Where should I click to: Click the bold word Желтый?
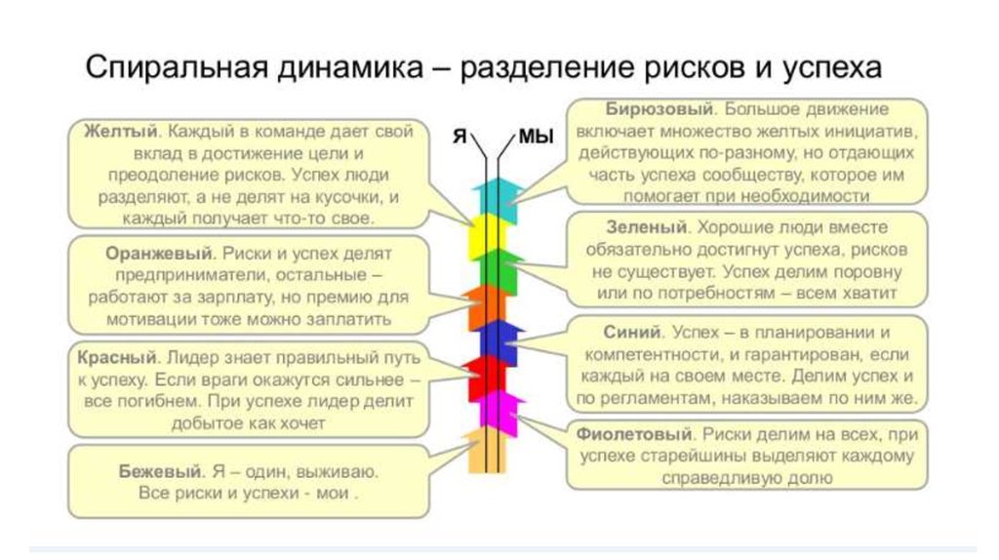pyautogui.click(x=120, y=132)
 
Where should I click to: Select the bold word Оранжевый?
pyautogui.click(x=159, y=254)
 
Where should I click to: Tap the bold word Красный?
pyautogui.click(x=117, y=357)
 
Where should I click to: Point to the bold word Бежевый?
pyautogui.click(x=160, y=472)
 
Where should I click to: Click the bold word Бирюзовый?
pyautogui.click(x=659, y=109)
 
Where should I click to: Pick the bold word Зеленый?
pyautogui.click(x=647, y=227)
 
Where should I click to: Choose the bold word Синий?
pyautogui.click(x=632, y=333)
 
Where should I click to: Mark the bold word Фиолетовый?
pyautogui.click(x=634, y=434)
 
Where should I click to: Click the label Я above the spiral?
pyautogui.click(x=460, y=137)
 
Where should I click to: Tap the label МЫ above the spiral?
pyautogui.click(x=536, y=137)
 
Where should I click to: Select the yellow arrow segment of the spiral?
pyautogui.click(x=487, y=236)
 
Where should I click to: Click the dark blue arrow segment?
pyautogui.click(x=500, y=342)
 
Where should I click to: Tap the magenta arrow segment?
pyautogui.click(x=500, y=414)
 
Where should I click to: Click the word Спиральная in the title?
pyautogui.click(x=177, y=67)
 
